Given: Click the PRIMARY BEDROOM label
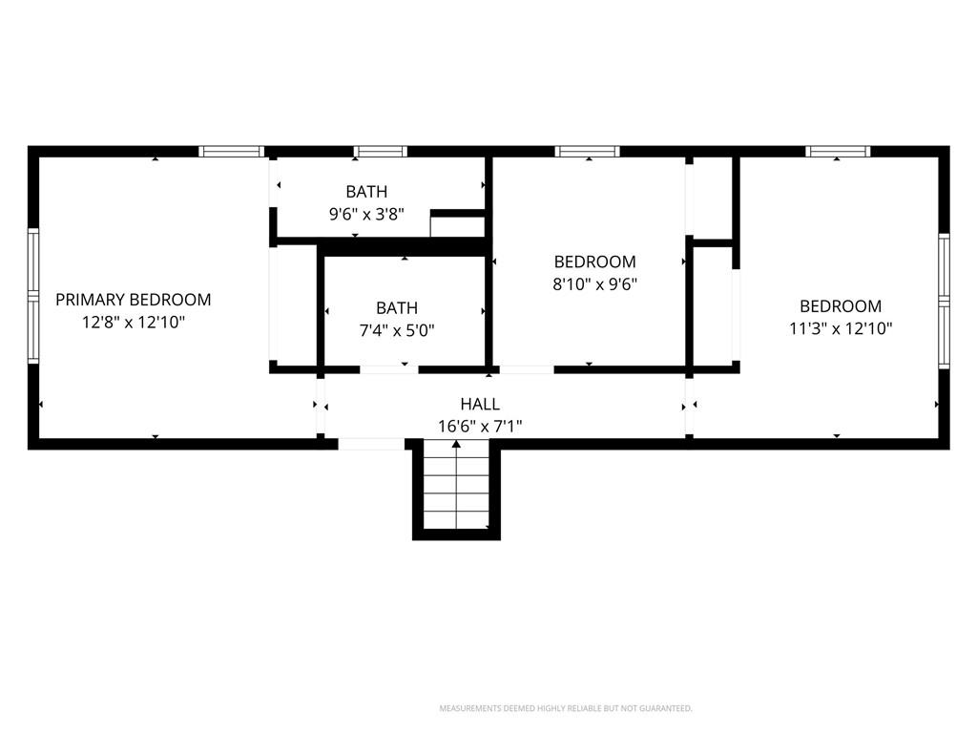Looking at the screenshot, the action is [x=134, y=300].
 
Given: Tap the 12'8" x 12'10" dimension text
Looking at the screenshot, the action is [x=134, y=323].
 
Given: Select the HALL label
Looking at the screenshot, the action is [x=480, y=404].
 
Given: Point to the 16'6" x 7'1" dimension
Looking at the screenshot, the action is [x=480, y=427].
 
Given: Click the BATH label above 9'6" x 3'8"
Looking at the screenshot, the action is [x=366, y=191].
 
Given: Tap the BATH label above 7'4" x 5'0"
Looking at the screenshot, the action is [x=397, y=308].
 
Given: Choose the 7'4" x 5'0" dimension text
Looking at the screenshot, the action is [x=397, y=330].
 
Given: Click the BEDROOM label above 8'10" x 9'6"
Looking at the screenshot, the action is [x=595, y=262].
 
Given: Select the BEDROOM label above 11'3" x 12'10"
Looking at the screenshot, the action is [x=841, y=306].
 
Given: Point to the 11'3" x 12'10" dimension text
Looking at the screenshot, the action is [x=841, y=328].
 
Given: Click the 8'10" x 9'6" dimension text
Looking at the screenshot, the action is [x=595, y=284].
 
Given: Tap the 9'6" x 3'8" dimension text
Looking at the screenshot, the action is [x=366, y=215].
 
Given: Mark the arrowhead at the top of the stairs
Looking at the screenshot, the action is [x=457, y=444].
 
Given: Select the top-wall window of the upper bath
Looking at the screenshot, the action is [x=380, y=152].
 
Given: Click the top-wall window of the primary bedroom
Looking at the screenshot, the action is [x=232, y=152].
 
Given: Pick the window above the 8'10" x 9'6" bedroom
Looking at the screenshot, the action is [x=588, y=152].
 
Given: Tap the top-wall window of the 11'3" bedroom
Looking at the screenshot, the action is [x=838, y=152].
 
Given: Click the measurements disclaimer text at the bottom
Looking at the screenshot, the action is [x=566, y=709].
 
